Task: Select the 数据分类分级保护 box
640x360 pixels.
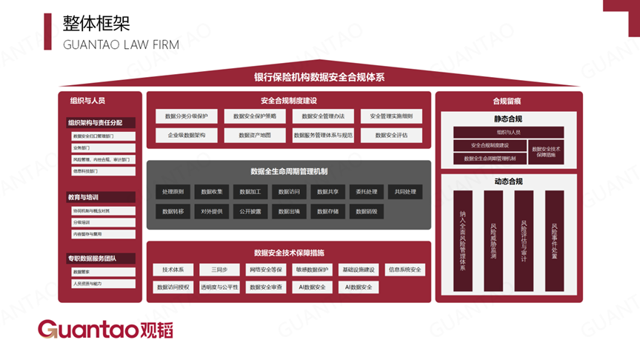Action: click(x=187, y=116)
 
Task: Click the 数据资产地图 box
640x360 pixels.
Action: click(x=255, y=136)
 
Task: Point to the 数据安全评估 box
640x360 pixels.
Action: click(x=392, y=136)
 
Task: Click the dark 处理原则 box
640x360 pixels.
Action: click(x=173, y=192)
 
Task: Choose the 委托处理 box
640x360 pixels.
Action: click(x=367, y=192)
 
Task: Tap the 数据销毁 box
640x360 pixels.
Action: click(x=367, y=211)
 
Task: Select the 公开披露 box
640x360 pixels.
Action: click(x=251, y=211)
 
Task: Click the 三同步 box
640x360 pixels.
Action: click(x=219, y=270)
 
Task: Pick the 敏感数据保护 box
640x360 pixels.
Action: click(x=312, y=270)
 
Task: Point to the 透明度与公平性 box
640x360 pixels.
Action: click(x=219, y=287)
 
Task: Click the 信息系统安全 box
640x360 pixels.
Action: click(x=405, y=270)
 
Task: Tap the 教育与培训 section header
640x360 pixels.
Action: click(x=84, y=198)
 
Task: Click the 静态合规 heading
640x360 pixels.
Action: click(x=508, y=119)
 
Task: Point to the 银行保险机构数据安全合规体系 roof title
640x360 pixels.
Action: click(x=319, y=77)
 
